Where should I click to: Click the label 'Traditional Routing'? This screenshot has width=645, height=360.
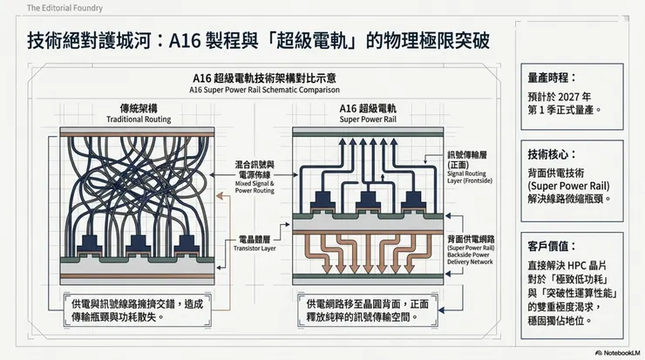138,119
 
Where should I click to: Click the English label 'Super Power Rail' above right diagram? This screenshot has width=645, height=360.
369,119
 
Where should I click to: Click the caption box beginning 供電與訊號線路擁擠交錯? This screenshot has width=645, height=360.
139,311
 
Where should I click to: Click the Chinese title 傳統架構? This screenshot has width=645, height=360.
138,108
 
